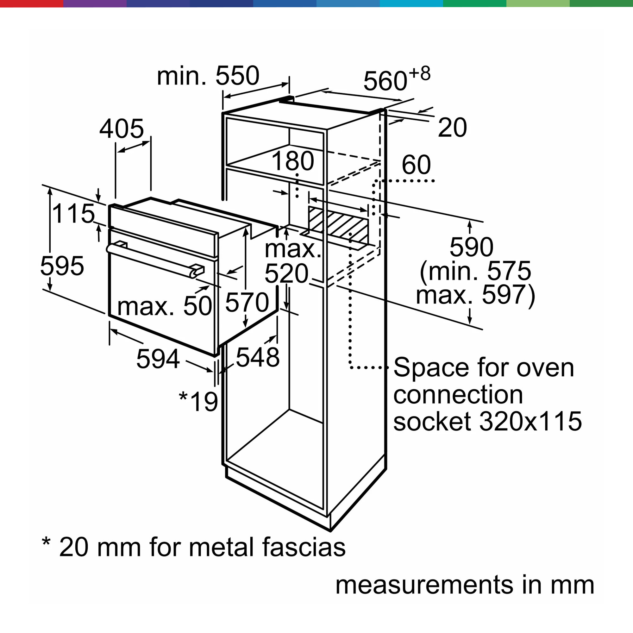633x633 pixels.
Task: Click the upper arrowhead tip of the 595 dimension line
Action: pyautogui.click(x=50, y=188)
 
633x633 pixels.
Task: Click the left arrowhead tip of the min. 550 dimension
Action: pyautogui.click(x=223, y=97)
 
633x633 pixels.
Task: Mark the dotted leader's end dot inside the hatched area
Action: pyautogui.click(x=350, y=234)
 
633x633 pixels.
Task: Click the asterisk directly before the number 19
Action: pyautogui.click(x=183, y=397)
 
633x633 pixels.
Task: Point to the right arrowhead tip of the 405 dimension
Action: pyautogui.click(x=150, y=141)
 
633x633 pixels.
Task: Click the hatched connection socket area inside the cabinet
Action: pyautogui.click(x=338, y=223)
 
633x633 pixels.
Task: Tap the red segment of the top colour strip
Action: pyautogui.click(x=32, y=3)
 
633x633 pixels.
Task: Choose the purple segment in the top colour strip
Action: pyautogui.click(x=95, y=3)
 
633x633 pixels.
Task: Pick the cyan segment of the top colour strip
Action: pyautogui.click(x=411, y=3)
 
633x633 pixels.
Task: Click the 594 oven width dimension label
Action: pyautogui.click(x=158, y=359)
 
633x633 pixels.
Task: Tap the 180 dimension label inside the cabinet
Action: pyautogui.click(x=293, y=161)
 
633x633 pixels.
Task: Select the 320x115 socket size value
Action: pyautogui.click(x=530, y=421)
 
